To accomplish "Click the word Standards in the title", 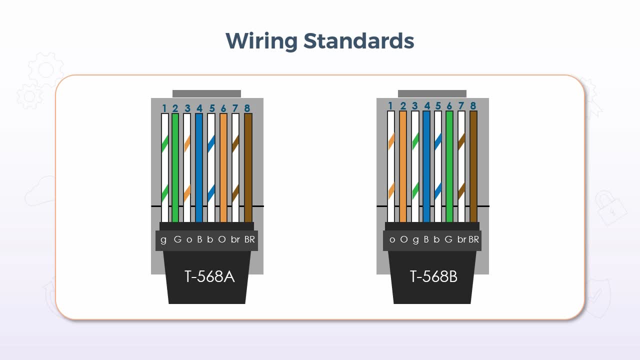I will point(359,41).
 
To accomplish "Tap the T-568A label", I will point(209,276).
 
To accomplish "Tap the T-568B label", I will point(433,276).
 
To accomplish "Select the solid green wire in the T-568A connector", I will point(175,167).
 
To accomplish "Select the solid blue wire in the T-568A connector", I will point(199,167).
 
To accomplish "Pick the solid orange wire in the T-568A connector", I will point(223,167).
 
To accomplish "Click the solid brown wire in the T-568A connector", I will point(248,167).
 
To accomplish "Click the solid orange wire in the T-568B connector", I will point(403,167).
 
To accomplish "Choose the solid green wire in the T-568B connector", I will point(449,167).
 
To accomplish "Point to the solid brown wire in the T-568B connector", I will point(473,167).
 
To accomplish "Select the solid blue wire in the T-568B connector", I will point(426,167).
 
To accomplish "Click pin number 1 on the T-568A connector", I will point(164,108).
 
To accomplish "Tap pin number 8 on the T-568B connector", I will point(472,106).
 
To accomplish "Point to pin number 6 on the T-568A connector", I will point(223,108).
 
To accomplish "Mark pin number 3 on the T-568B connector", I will point(415,106).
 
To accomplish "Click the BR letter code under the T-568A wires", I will point(249,239).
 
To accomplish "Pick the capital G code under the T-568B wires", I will point(448,239).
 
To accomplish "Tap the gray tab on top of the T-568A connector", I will point(206,93).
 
